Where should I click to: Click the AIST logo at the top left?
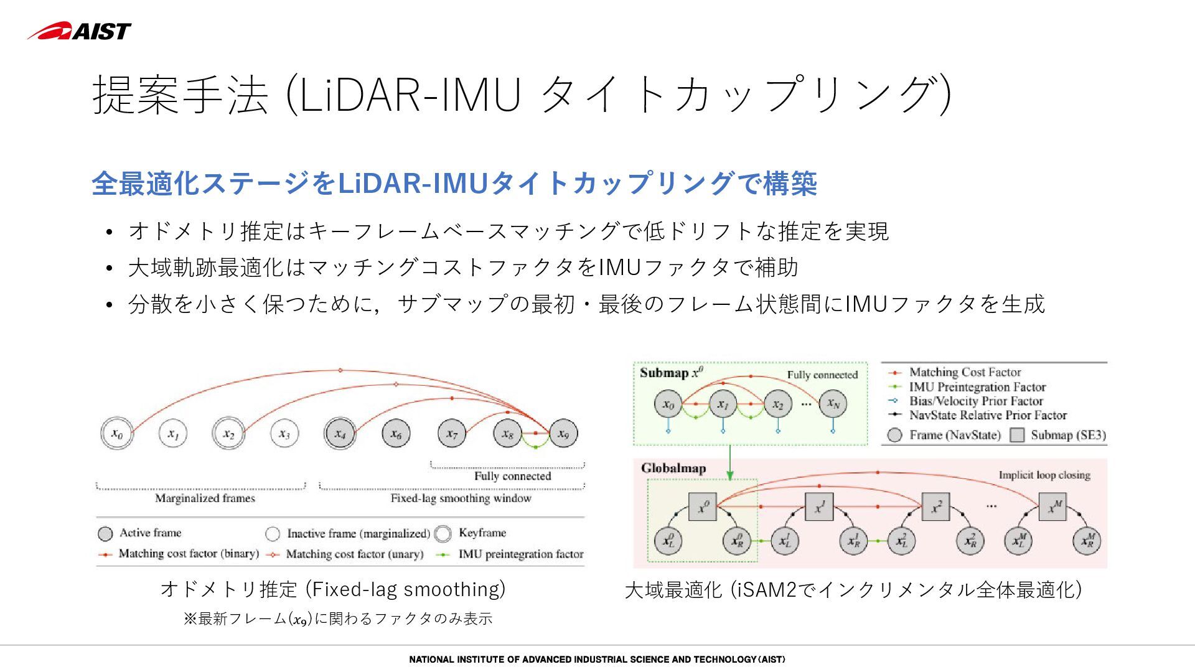click(79, 30)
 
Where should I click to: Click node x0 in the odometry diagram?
click(117, 433)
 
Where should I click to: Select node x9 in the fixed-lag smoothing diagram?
click(563, 433)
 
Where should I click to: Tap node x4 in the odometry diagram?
click(340, 433)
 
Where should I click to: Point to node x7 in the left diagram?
click(452, 433)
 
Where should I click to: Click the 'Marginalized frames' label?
click(205, 498)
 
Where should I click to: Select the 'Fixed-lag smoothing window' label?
click(461, 498)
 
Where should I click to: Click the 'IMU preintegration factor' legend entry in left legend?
click(520, 554)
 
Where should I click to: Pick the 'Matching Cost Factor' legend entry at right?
click(965, 372)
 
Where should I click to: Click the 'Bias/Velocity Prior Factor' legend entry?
click(975, 401)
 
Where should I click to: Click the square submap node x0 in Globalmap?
click(703, 507)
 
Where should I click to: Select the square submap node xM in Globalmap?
click(1052, 507)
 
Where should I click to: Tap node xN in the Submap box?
click(833, 404)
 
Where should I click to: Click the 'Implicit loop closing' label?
click(1044, 475)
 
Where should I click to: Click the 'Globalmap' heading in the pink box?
click(673, 469)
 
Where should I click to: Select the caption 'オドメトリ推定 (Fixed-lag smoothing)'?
click(333, 589)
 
